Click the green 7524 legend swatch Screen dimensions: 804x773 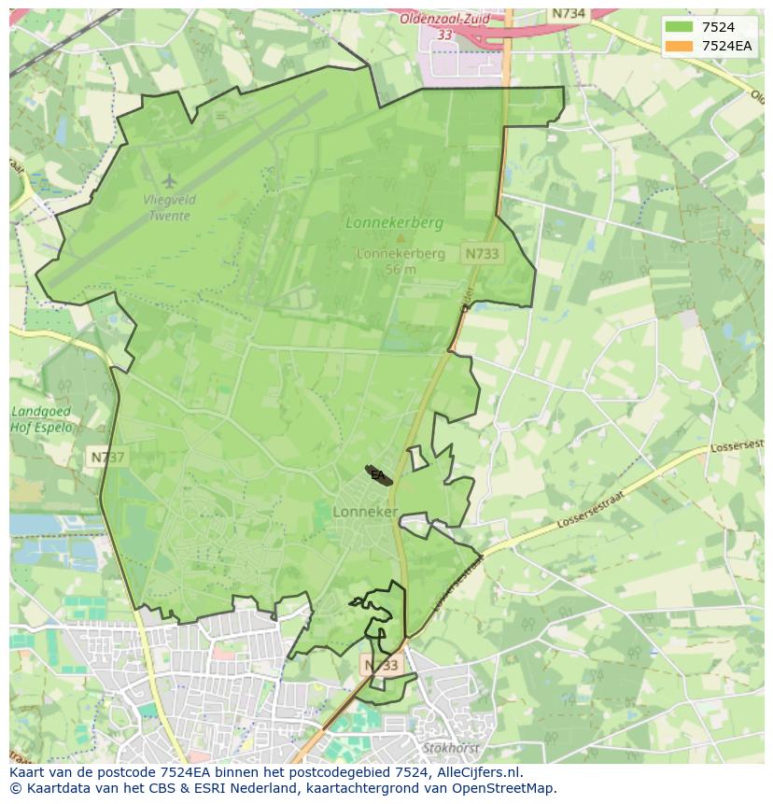pyautogui.click(x=680, y=27)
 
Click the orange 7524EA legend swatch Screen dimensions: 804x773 pyautogui.click(x=680, y=46)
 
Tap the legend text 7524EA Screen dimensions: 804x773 pyautogui.click(x=727, y=46)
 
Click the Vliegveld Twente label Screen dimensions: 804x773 pyautogui.click(x=167, y=207)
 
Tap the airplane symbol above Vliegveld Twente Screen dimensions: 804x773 pyautogui.click(x=168, y=179)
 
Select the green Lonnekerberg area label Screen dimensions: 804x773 pyautogui.click(x=394, y=223)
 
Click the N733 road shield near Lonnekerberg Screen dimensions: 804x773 pyautogui.click(x=482, y=253)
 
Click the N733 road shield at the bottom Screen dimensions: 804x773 pyautogui.click(x=381, y=665)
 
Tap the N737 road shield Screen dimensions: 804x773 pyautogui.click(x=107, y=457)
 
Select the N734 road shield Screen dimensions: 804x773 pyautogui.click(x=568, y=13)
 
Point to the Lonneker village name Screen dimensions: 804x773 pyautogui.click(x=365, y=512)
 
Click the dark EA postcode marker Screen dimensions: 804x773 pyautogui.click(x=378, y=475)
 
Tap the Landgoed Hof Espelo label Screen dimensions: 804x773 pyautogui.click(x=41, y=419)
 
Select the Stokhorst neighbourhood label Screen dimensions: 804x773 pyautogui.click(x=450, y=748)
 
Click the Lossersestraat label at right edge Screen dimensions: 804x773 pyautogui.click(x=737, y=448)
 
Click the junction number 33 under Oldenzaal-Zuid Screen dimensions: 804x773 pyautogui.click(x=444, y=35)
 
